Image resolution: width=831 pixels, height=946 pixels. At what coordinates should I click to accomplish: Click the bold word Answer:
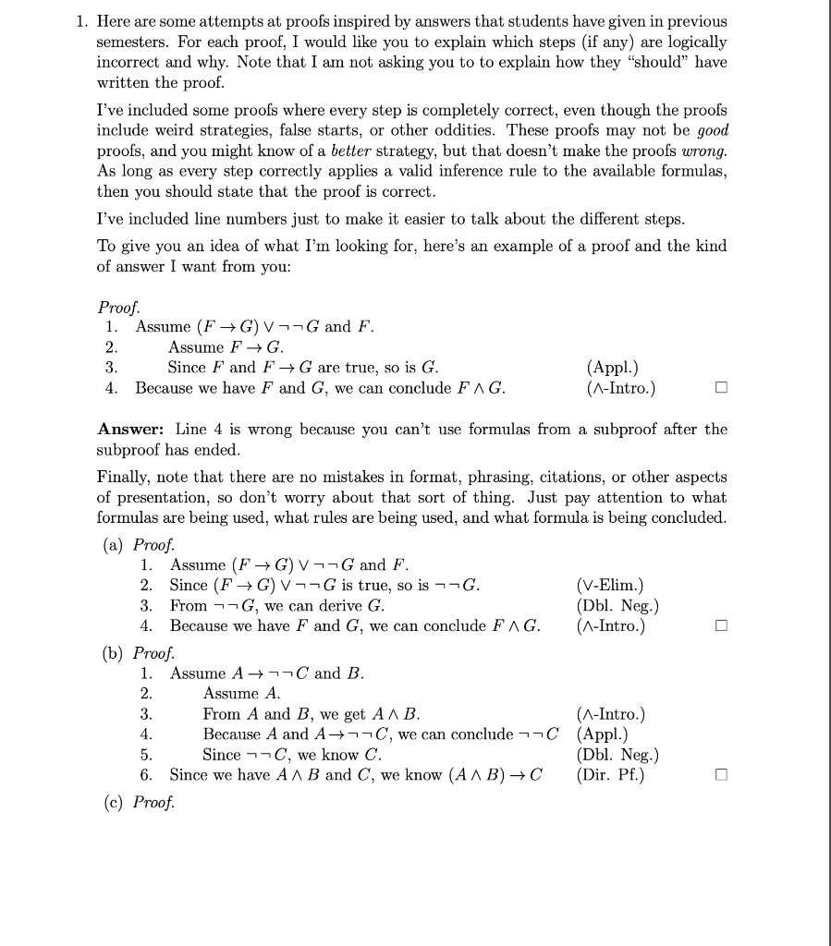click(x=132, y=430)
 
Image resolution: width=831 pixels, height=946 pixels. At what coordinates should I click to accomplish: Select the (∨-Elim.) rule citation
click(x=609, y=585)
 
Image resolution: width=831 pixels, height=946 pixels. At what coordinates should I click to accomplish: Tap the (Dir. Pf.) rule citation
click(x=609, y=775)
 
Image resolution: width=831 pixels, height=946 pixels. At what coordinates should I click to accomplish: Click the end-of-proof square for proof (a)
click(x=721, y=626)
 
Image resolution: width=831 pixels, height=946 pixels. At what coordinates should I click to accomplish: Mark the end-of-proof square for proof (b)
click(x=721, y=775)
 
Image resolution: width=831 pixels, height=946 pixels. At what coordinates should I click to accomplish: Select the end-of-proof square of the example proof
click(x=721, y=388)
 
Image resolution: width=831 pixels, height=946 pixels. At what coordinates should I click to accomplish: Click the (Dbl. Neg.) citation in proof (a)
click(x=617, y=606)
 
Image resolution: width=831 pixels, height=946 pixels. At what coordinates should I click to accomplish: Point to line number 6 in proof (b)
click(x=145, y=775)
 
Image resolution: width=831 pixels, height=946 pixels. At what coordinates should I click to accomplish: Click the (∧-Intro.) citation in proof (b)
click(x=611, y=714)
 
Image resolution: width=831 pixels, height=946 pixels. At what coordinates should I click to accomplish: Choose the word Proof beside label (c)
click(x=154, y=802)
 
